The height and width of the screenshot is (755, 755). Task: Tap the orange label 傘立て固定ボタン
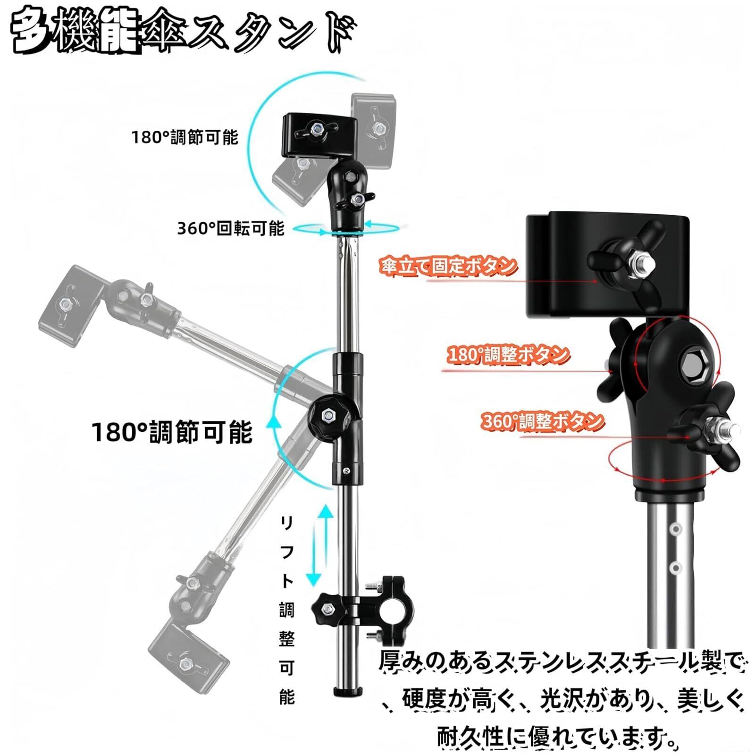click(x=447, y=266)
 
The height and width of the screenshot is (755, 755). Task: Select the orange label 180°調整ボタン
click(x=507, y=354)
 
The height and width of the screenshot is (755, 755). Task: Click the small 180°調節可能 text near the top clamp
click(x=185, y=137)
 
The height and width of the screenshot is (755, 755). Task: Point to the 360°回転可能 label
click(x=231, y=228)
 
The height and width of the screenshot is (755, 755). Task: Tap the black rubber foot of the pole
click(x=345, y=691)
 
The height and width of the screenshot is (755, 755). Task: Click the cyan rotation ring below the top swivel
click(x=347, y=229)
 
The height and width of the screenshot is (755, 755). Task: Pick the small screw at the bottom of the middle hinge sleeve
click(x=347, y=470)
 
